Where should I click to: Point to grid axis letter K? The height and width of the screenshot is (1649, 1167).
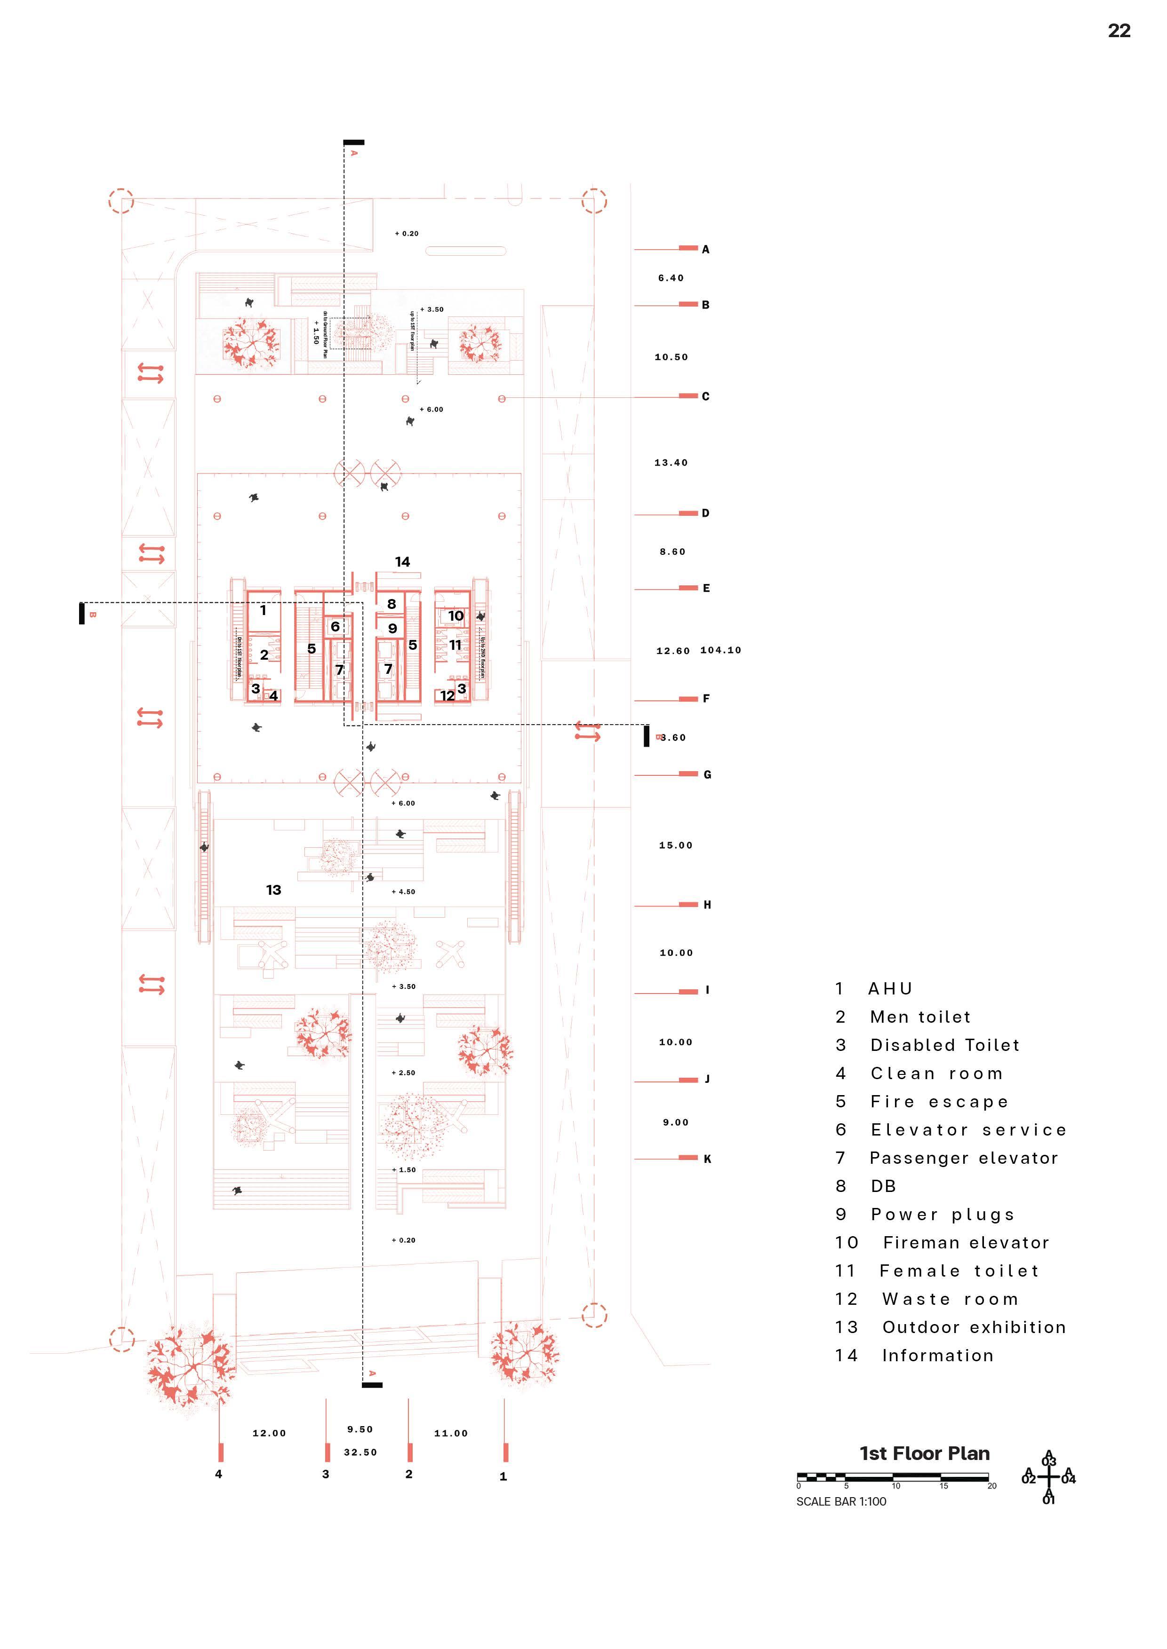707,1159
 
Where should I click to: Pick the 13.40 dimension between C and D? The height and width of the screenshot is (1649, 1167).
671,463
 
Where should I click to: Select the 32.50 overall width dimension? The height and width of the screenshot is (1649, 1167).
360,1452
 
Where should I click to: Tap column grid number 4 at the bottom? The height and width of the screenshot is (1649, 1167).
218,1474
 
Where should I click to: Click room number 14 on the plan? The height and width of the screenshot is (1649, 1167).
402,561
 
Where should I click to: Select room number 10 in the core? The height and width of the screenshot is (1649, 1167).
456,615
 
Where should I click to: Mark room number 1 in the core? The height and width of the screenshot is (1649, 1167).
263,610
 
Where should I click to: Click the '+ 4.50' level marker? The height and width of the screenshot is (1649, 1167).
403,892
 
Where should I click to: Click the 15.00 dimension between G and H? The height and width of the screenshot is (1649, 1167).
675,845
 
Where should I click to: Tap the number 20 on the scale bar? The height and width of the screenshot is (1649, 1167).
991,1486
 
